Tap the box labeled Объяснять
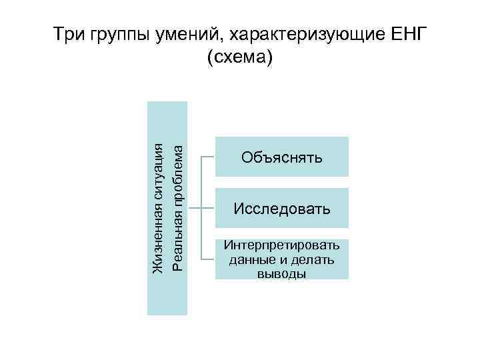(x=282, y=157)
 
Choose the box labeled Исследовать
(x=282, y=209)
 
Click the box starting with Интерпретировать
(x=282, y=259)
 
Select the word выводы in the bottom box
(x=281, y=273)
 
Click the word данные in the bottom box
(x=250, y=259)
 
